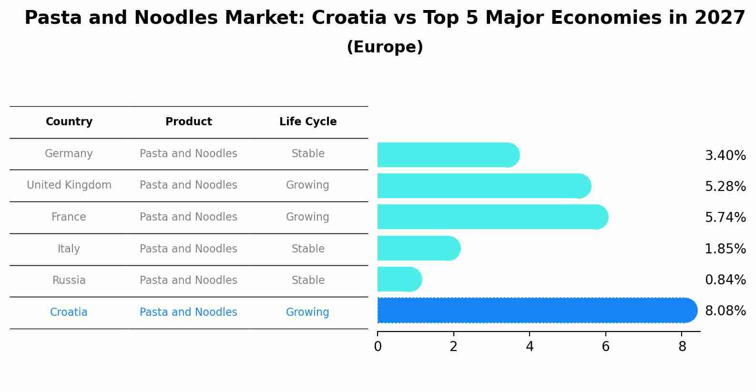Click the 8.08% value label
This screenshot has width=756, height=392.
pos(725,311)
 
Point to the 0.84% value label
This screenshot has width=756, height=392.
pos(725,280)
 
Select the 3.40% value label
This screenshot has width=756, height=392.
pos(725,156)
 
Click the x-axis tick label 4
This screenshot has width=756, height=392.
pos(530,347)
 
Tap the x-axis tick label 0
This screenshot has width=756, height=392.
pos(378,347)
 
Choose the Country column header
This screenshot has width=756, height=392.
pos(69,122)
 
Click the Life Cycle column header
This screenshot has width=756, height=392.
pos(308,122)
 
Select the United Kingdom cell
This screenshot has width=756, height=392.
pos(69,185)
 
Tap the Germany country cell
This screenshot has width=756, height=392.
pos(69,154)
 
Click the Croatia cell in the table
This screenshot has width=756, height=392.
pos(69,312)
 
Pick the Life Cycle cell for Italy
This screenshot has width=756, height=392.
pos(308,249)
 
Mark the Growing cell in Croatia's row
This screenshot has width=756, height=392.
pos(307,312)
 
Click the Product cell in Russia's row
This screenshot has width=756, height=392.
pos(188,281)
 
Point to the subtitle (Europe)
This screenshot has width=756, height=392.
pos(385,47)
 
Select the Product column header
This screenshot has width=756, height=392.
pos(188,122)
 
